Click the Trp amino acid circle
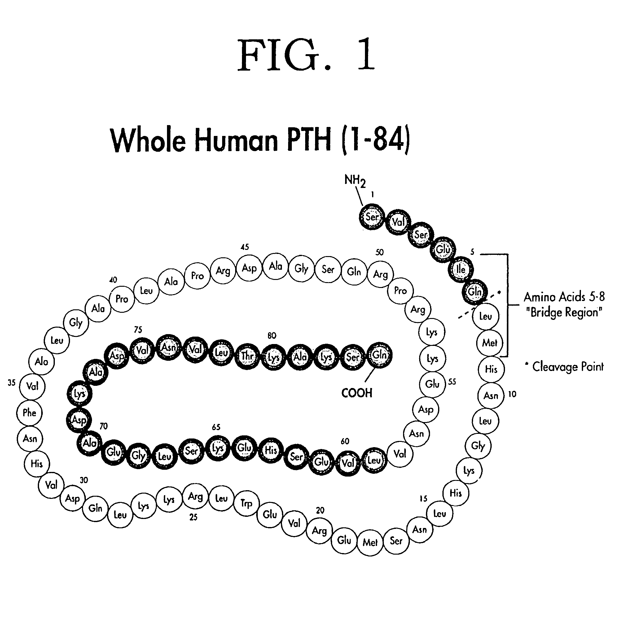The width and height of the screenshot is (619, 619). [246, 503]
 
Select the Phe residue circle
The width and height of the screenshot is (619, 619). [29, 413]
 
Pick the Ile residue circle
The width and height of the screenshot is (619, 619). [461, 269]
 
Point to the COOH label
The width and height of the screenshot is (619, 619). [357, 393]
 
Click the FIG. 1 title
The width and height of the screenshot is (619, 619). [306, 55]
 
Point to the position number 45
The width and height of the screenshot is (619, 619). [244, 247]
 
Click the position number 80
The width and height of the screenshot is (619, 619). [272, 335]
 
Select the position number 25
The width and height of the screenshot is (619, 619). [193, 517]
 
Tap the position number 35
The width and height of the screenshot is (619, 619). [11, 382]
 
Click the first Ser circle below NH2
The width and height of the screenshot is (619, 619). [372, 217]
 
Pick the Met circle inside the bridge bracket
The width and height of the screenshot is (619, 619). [489, 343]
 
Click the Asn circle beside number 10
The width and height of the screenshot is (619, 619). [491, 396]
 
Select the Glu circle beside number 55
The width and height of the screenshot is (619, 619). [432, 384]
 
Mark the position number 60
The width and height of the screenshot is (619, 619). [345, 441]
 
